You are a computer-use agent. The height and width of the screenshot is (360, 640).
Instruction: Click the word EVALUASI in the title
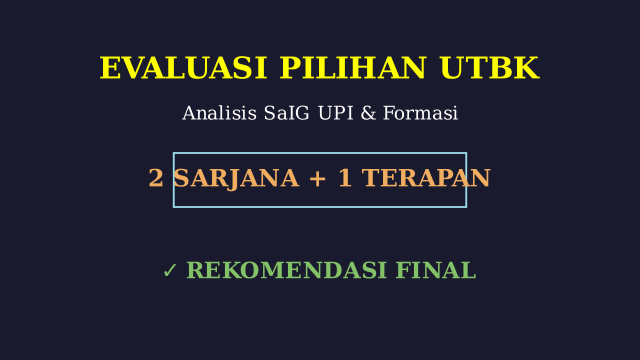183,68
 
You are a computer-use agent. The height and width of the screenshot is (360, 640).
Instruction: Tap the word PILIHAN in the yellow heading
353,68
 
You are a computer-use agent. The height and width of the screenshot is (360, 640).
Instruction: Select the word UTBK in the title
489,68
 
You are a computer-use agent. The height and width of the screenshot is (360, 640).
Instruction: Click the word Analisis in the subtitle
219,113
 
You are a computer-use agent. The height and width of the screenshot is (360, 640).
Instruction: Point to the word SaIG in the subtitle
286,113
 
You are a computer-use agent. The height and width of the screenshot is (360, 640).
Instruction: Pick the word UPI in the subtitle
335,113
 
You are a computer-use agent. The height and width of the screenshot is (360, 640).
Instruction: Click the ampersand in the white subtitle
368,113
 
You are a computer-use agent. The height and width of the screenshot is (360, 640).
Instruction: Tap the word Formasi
420,113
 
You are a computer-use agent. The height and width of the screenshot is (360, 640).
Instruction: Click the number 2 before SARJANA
156,178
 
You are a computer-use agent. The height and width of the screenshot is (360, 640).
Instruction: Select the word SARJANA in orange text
236,179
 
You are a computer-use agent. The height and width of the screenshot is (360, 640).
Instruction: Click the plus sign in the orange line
317,179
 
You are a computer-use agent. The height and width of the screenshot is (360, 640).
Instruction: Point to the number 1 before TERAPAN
345,178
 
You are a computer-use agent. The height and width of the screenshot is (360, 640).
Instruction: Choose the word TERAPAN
427,178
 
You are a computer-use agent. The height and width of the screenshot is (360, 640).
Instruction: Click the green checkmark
170,270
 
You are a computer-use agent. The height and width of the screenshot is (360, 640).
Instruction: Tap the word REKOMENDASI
286,270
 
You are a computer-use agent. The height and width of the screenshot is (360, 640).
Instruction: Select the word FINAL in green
436,270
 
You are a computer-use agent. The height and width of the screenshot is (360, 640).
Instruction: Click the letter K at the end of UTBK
526,68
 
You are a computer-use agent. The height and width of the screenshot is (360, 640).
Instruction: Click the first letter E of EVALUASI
110,68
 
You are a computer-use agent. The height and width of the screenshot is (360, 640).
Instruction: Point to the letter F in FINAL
403,270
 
